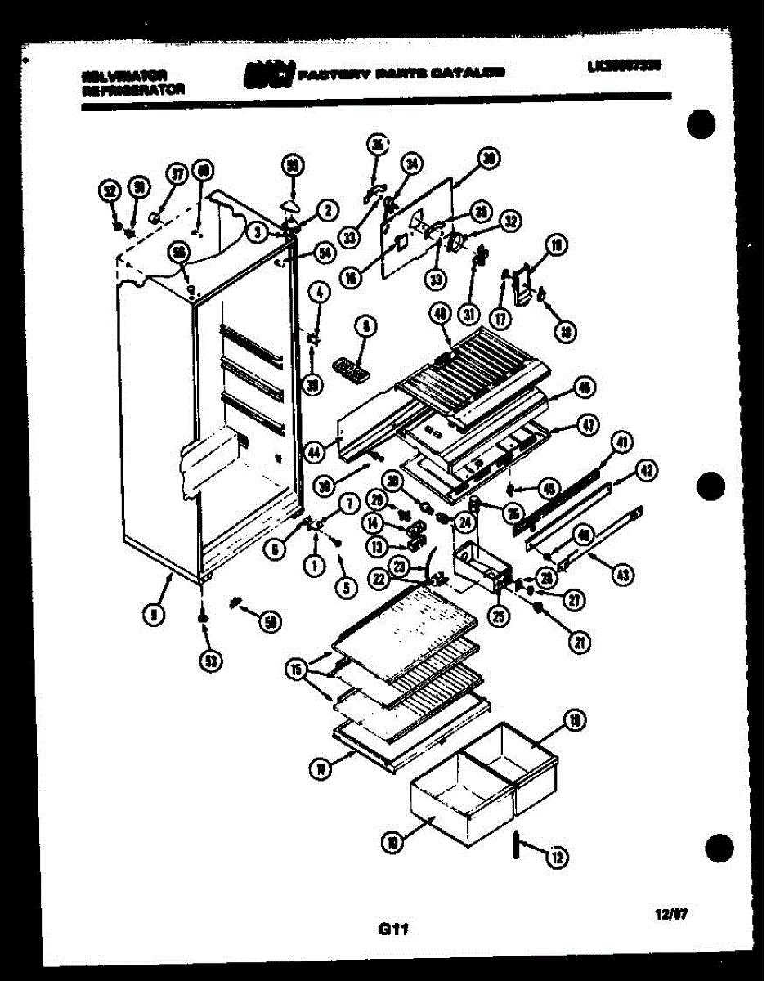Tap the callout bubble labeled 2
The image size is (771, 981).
coord(326,210)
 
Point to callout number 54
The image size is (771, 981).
coord(325,254)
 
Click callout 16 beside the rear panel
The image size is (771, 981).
coord(352,278)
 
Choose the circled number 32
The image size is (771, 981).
coord(511,220)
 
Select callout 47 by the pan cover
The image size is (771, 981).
coord(588,424)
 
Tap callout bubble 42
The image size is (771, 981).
coord(647,471)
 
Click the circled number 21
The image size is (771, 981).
coord(580,643)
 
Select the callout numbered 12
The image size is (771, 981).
coord(558,857)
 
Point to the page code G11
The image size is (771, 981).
coord(392,929)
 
